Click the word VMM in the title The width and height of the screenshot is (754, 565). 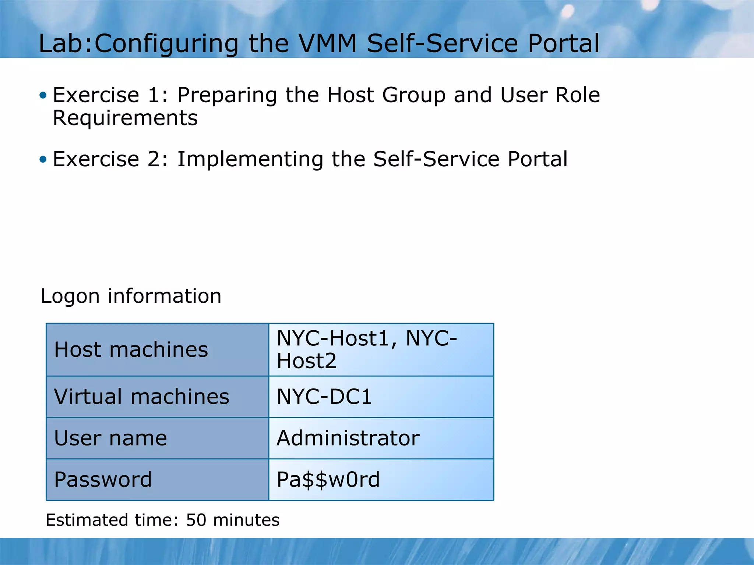[x=327, y=43]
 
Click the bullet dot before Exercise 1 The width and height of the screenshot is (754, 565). [x=43, y=96]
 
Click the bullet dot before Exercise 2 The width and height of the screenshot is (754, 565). [x=43, y=159]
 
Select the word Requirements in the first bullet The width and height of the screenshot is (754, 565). [x=125, y=118]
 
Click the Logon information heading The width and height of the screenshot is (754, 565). [x=131, y=296]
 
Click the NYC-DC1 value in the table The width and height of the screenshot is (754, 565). [x=324, y=397]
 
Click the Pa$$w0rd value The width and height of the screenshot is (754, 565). [x=328, y=480]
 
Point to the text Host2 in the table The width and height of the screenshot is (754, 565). [x=307, y=361]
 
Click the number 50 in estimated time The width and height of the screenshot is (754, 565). [x=196, y=520]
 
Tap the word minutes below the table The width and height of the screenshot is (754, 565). [x=246, y=520]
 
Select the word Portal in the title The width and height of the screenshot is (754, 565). [x=564, y=43]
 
